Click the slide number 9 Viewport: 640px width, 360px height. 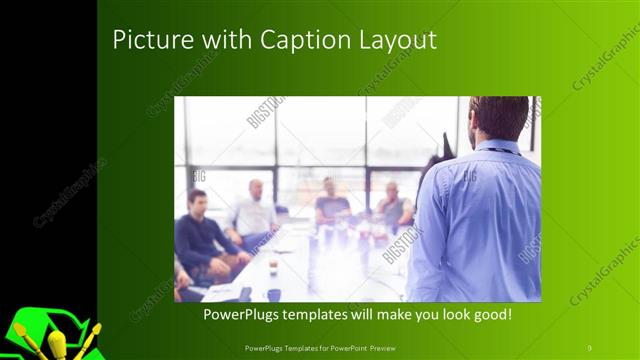(x=590, y=347)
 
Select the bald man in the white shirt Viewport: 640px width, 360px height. (x=254, y=210)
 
